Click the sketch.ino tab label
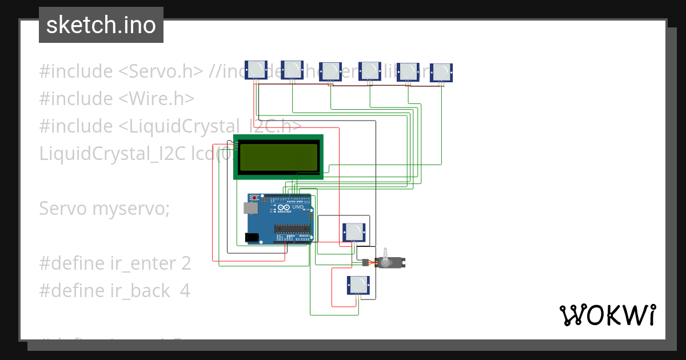101,25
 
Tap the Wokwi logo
607,315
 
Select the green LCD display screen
278,158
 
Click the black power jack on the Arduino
251,237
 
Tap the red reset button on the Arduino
253,198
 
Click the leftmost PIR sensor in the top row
256,70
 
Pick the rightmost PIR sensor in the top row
441,72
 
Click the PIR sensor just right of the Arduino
354,232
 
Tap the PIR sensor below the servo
358,285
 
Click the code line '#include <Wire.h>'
117,99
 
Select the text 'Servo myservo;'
104,209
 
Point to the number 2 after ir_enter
186,263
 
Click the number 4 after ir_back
185,291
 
